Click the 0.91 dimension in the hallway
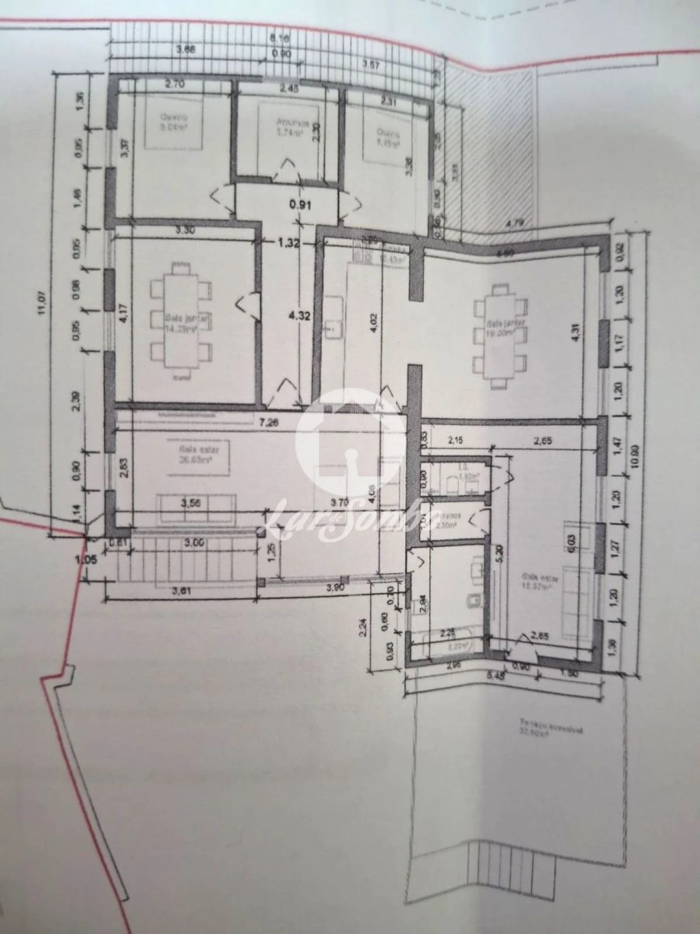(x=299, y=206)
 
